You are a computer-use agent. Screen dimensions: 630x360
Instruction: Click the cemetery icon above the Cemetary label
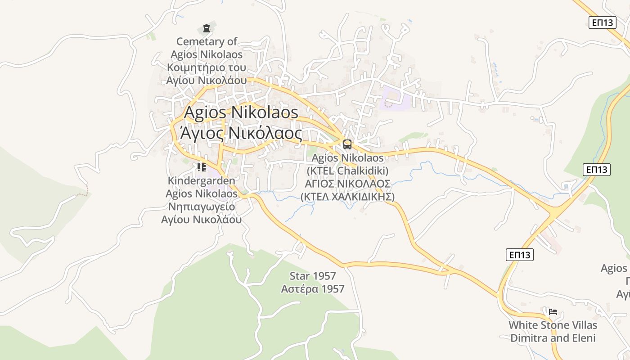[207, 29]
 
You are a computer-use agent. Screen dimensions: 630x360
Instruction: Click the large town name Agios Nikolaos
[241, 112]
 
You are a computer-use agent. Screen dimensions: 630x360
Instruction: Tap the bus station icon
[347, 144]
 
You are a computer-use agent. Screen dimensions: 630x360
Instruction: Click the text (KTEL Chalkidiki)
[347, 171]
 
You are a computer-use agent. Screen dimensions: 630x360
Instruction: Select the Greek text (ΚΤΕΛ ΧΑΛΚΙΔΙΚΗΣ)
[347, 197]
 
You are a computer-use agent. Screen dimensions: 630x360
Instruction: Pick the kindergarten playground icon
[202, 167]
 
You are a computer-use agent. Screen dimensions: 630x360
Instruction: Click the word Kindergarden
[201, 181]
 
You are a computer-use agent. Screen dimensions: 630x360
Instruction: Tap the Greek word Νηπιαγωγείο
[201, 207]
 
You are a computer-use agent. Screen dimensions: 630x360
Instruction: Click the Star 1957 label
[313, 276]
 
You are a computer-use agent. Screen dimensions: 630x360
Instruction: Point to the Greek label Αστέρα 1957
[313, 289]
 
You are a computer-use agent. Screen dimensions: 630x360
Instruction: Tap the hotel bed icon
[553, 311]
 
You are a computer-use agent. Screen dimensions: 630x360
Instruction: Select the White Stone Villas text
[553, 325]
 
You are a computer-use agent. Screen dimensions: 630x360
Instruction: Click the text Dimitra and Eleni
[553, 338]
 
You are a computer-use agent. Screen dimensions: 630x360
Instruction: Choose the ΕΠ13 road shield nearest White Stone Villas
[519, 255]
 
